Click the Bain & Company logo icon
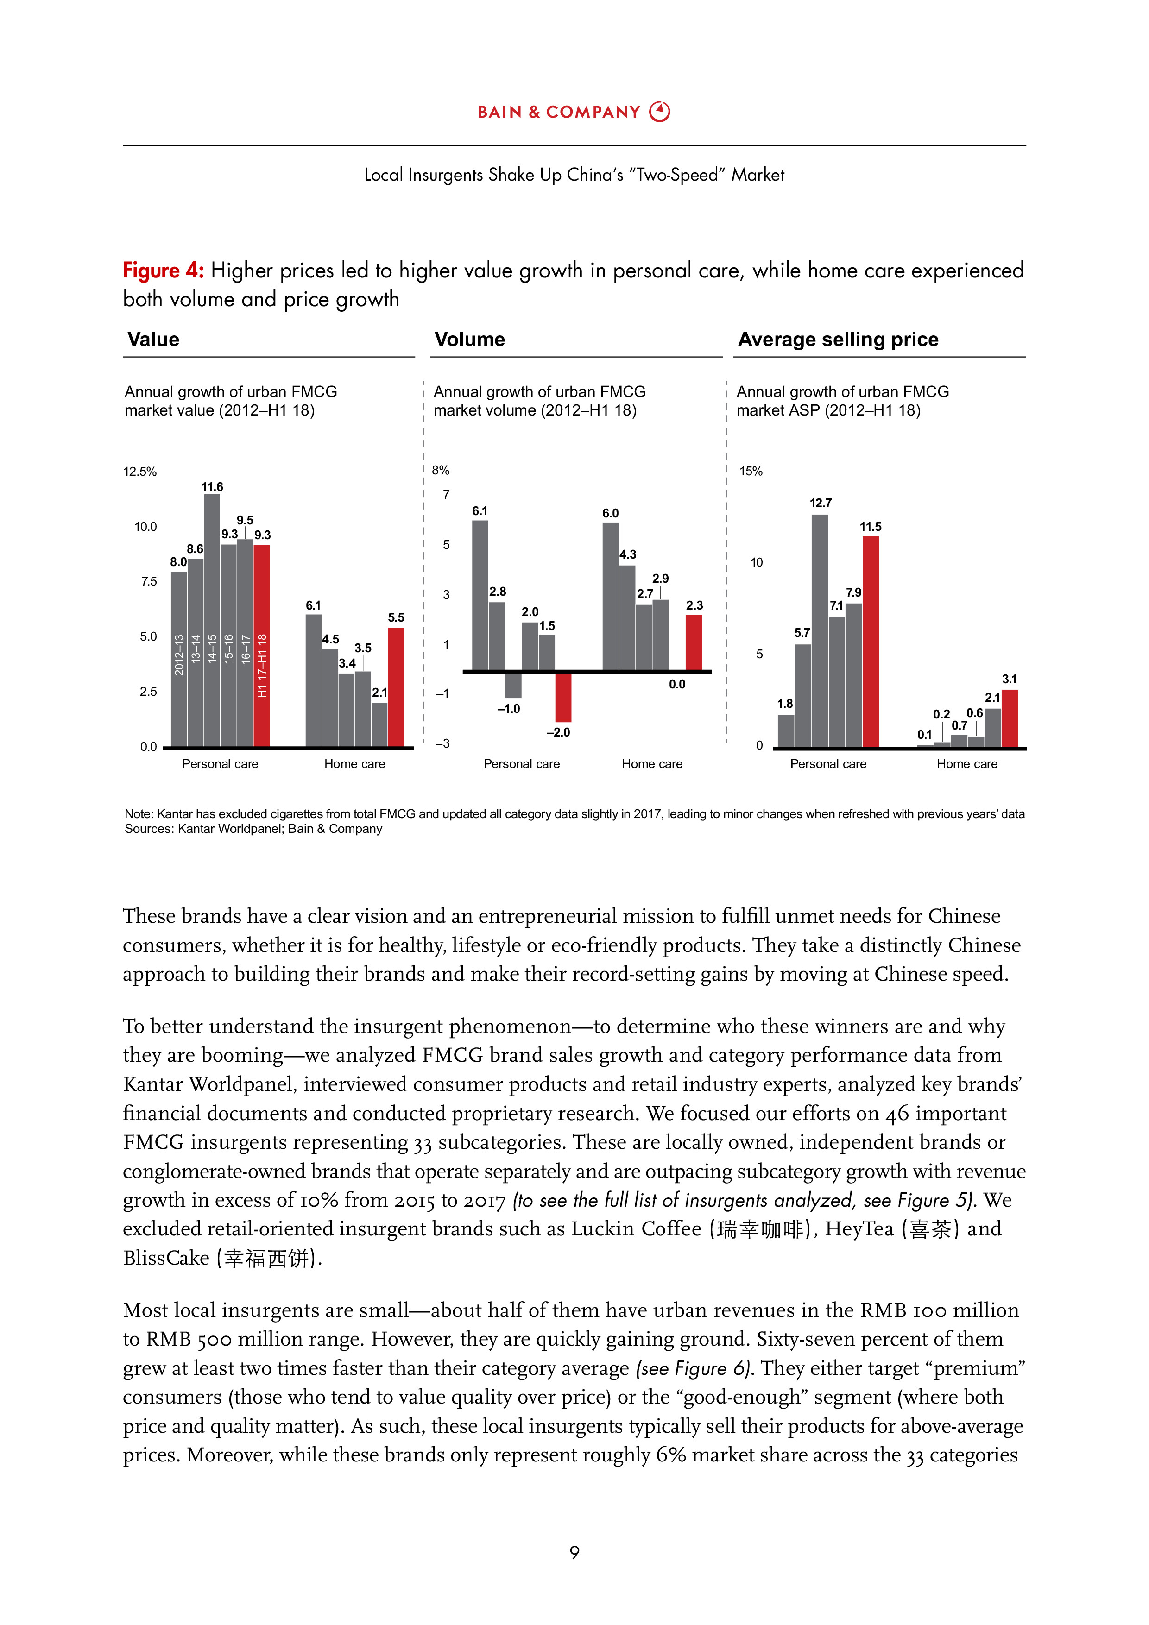click(659, 112)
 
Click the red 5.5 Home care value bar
click(396, 687)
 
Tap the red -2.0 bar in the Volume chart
click(563, 696)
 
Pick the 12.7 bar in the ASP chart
click(820, 630)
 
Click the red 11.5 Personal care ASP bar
click(870, 641)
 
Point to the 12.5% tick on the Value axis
click(140, 472)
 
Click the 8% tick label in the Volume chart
click(440, 470)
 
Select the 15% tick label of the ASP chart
click(751, 472)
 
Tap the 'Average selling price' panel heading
click(838, 340)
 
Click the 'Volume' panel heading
click(469, 340)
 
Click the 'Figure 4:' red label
click(164, 271)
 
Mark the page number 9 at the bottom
click(574, 1552)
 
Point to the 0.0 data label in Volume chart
click(677, 684)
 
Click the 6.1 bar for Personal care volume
click(480, 594)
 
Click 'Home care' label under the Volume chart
click(651, 764)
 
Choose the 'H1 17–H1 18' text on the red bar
click(262, 665)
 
